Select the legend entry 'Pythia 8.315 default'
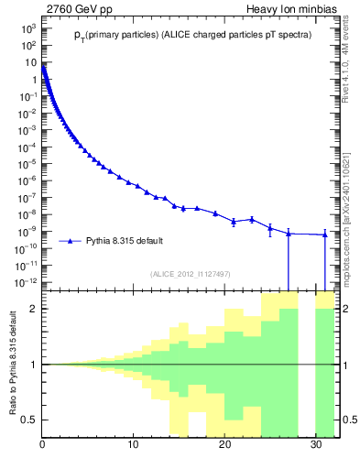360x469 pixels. pos(125,241)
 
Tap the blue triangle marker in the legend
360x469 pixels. pos(71,241)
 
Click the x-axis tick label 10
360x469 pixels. pos(134,445)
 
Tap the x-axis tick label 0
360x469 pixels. pos(43,445)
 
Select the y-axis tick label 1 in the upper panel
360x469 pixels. pos(34,80)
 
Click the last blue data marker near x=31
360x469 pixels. pos(325,234)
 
